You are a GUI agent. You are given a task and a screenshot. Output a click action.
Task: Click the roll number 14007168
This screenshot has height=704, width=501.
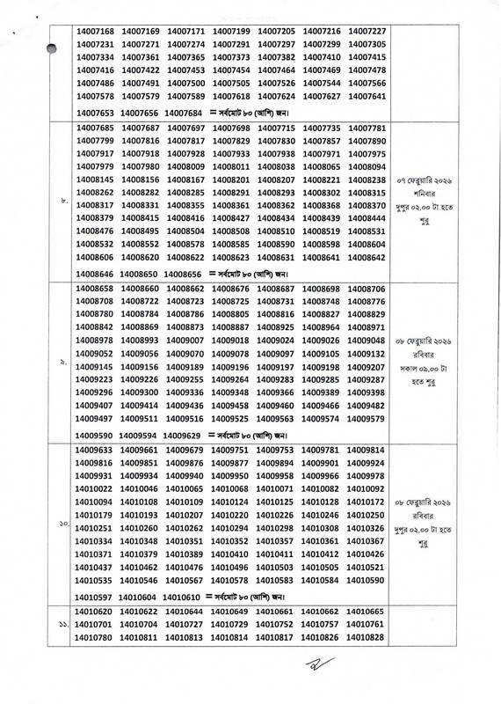[x=96, y=31]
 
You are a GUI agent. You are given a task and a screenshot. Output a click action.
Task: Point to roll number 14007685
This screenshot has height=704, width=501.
[x=96, y=128]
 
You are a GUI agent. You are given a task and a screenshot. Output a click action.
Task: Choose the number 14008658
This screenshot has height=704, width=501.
[x=96, y=290]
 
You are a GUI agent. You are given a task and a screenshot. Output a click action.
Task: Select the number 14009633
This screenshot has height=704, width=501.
[x=96, y=450]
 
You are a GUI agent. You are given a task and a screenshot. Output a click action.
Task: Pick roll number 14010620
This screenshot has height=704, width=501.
[x=96, y=611]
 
